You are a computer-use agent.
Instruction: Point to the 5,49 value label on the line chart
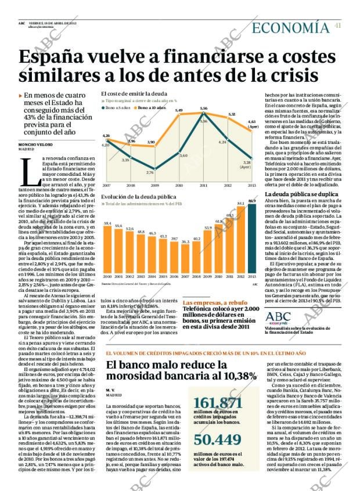(179, 110)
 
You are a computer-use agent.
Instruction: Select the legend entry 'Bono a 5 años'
(118, 108)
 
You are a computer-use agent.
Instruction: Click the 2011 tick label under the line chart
(203, 185)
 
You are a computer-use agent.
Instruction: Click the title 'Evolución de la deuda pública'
(137, 197)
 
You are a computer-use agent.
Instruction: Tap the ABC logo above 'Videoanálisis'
(278, 316)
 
